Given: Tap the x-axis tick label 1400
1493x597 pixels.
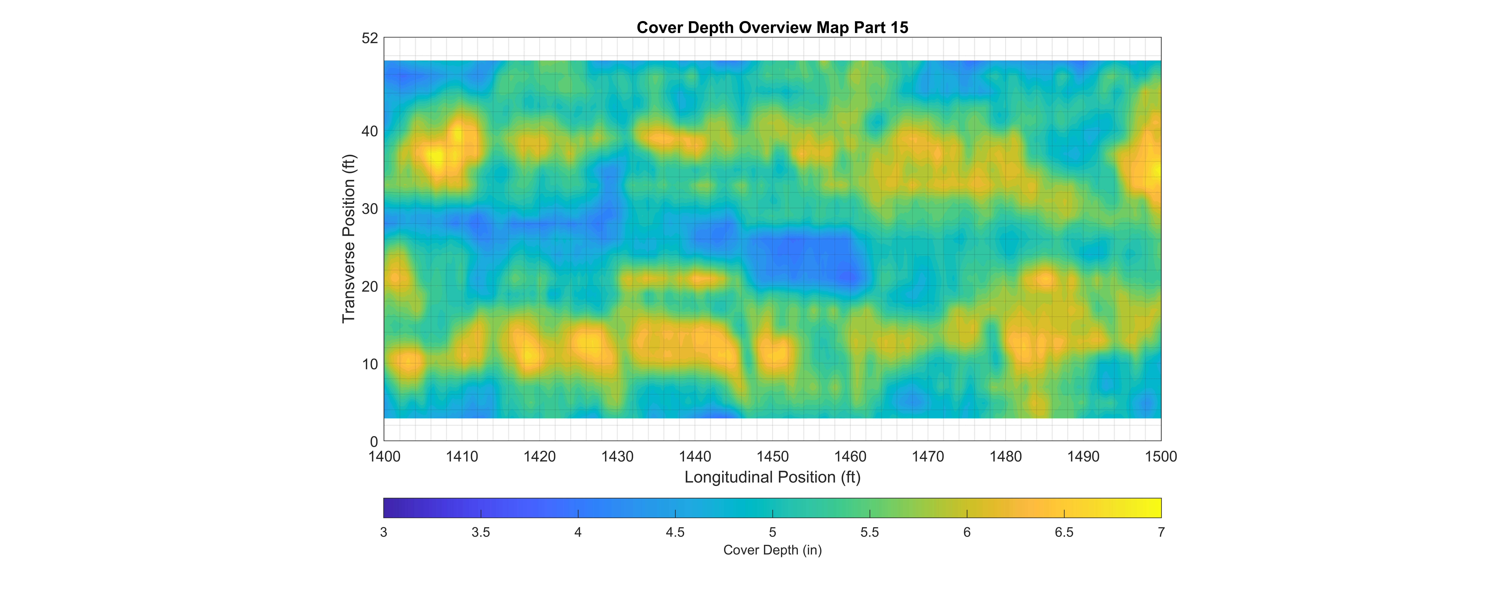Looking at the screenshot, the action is coord(384,457).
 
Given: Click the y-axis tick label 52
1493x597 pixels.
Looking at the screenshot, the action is coord(370,38).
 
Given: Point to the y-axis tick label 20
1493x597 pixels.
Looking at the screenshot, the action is coord(370,286).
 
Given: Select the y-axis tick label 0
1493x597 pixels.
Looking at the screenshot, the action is coord(374,442).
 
